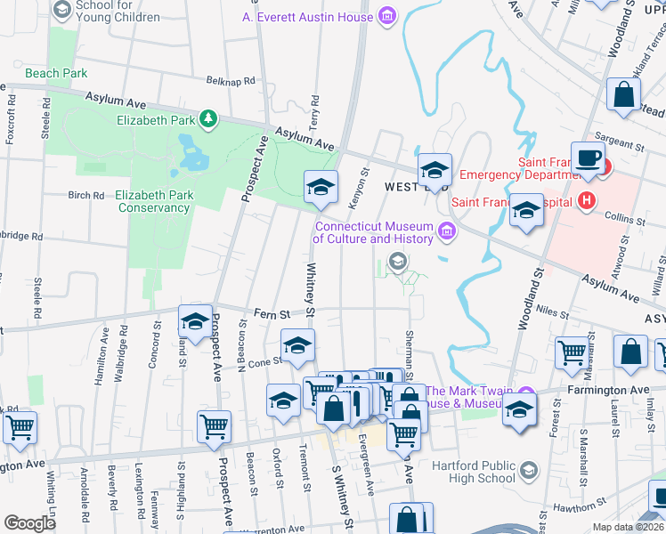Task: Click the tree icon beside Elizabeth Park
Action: pos(208,118)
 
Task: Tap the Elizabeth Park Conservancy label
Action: pos(152,201)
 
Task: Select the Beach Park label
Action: pos(56,73)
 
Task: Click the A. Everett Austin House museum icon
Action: pos(386,16)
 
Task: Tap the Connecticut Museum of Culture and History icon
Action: pos(447,233)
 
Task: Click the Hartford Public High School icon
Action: pos(528,469)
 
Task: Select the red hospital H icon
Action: pos(586,200)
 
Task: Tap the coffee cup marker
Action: pos(588,158)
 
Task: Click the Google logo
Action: pos(29,522)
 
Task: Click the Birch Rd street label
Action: pos(86,195)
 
